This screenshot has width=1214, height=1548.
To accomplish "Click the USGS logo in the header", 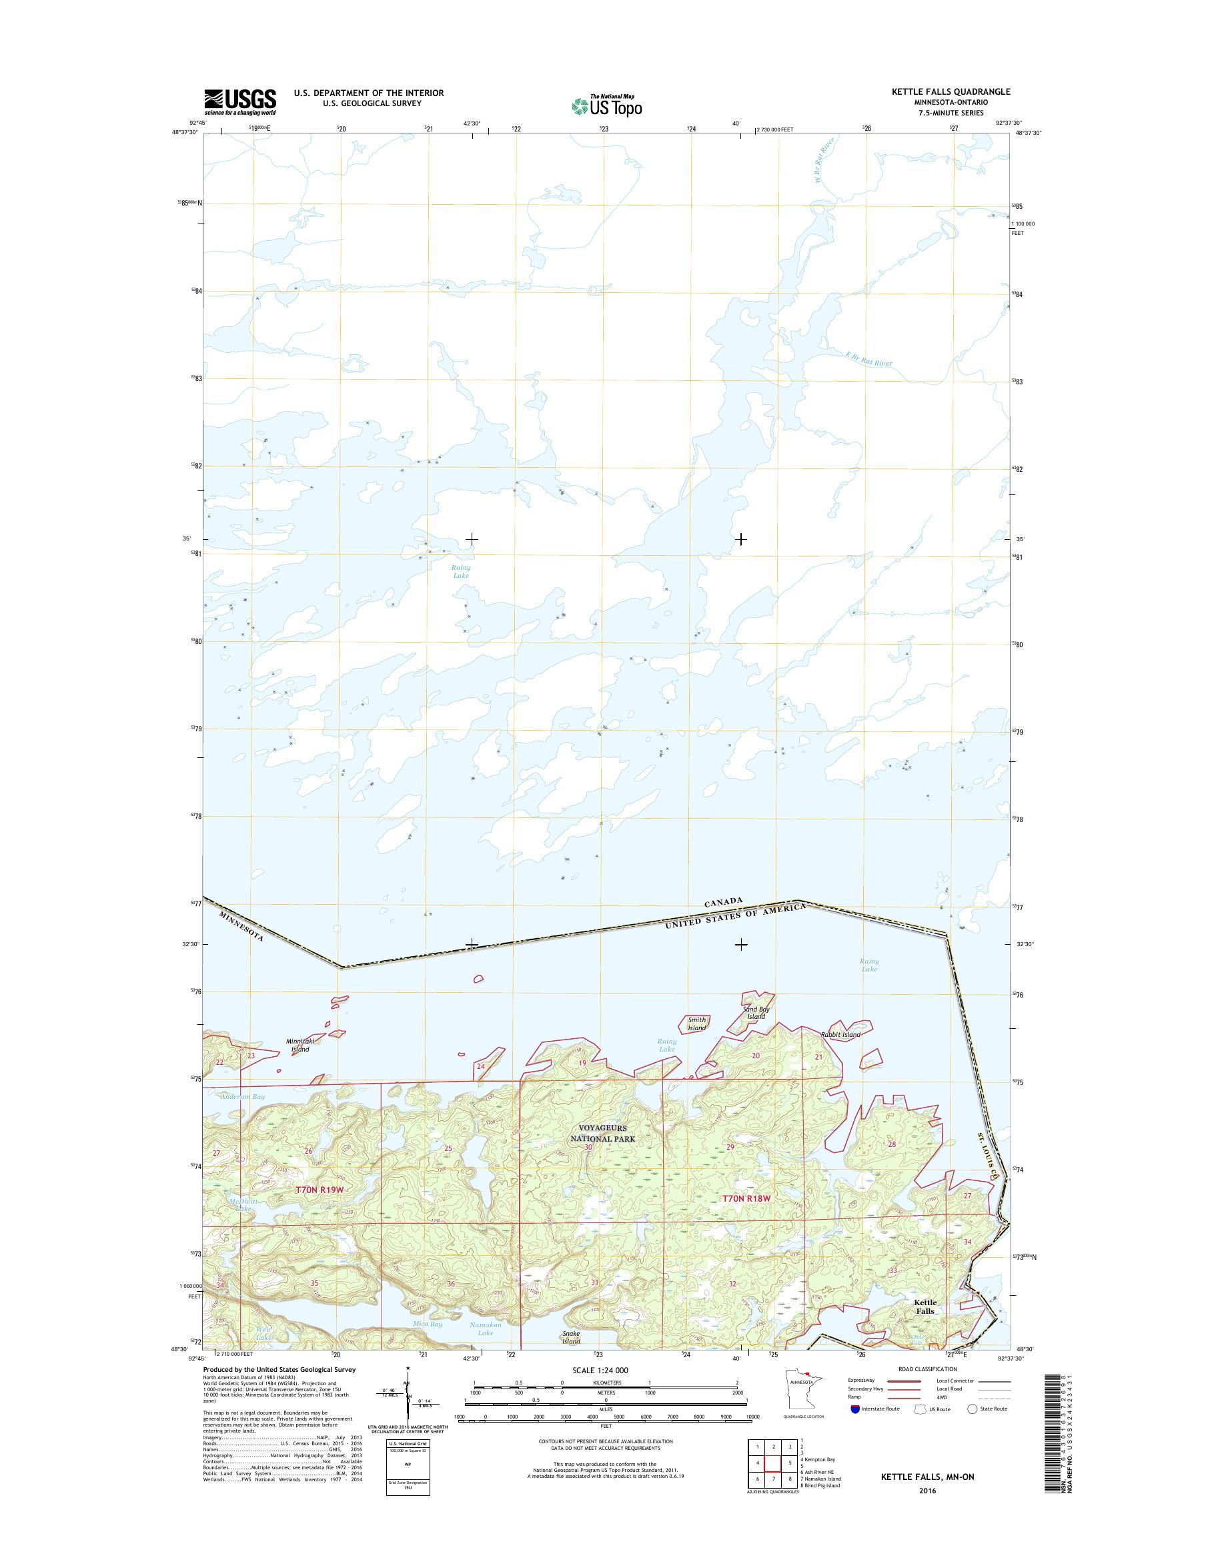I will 240,101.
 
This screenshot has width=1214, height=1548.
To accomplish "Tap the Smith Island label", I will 696,1024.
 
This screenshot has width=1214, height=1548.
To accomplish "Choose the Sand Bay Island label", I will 756,1013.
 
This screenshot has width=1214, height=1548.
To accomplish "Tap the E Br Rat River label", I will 866,360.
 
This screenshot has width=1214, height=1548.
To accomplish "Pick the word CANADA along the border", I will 723,901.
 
